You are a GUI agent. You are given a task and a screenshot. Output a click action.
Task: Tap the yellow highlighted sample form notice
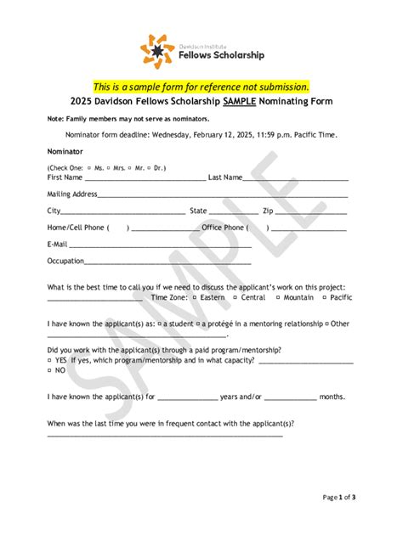click(201, 87)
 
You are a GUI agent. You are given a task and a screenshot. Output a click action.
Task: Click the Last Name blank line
click(297, 178)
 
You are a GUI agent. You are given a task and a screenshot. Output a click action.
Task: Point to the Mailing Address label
click(72, 194)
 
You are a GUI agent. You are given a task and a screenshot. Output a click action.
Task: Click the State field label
click(198, 211)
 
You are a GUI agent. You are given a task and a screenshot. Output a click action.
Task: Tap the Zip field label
click(268, 211)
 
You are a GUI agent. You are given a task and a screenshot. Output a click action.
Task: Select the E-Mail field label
click(58, 244)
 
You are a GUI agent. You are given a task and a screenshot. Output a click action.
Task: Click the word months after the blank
click(332, 397)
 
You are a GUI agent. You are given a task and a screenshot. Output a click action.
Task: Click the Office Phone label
click(224, 228)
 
